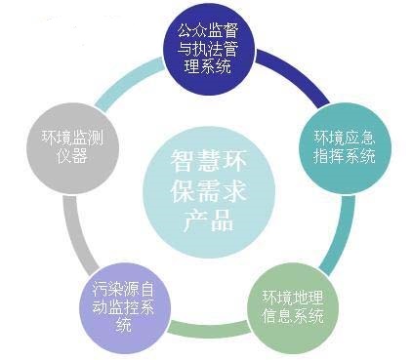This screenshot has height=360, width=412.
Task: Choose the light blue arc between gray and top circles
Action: click(x=122, y=78)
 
